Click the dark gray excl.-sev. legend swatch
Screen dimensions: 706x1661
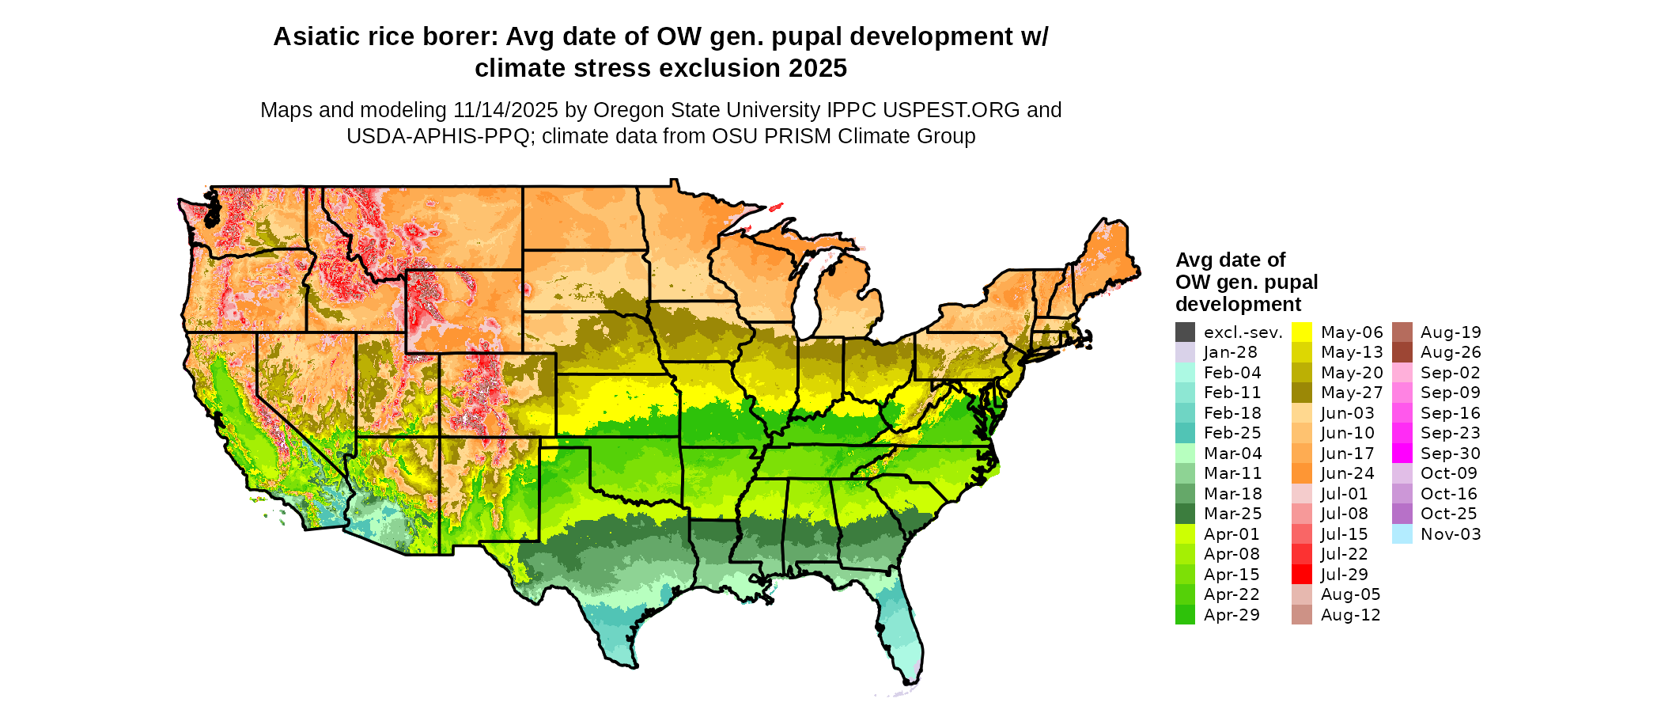(1185, 332)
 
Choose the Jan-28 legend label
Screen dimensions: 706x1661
(1230, 352)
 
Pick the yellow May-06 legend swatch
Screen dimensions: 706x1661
(1301, 332)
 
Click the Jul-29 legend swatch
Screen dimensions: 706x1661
(1301, 575)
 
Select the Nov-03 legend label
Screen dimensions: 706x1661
(1450, 534)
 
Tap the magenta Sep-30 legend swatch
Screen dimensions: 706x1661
(1402, 454)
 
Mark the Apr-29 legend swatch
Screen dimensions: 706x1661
(1185, 615)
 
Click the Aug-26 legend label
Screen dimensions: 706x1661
(1450, 352)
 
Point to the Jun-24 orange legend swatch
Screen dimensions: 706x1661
(1301, 473)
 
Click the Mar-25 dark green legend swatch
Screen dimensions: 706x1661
(1185, 514)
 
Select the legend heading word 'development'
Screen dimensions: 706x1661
(1238, 305)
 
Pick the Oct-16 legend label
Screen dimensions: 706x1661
(1448, 494)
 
